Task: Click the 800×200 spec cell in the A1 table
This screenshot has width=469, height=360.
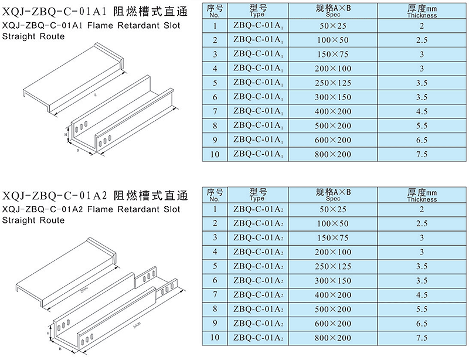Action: click(332, 154)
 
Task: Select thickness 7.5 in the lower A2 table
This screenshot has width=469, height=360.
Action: click(422, 338)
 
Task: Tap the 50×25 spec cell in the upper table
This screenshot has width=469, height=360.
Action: click(332, 26)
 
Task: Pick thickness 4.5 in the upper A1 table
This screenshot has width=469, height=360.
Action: click(422, 111)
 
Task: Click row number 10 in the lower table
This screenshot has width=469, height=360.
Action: click(215, 338)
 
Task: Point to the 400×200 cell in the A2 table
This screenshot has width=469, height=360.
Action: click(332, 295)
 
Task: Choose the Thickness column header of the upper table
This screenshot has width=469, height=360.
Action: click(422, 11)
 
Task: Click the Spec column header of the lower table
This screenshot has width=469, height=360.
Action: click(333, 195)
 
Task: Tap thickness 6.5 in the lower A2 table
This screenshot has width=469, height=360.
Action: click(422, 324)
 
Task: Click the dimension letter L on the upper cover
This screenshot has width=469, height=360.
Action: click(96, 95)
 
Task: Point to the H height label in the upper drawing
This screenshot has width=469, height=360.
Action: click(66, 135)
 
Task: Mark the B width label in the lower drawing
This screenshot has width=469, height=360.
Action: click(60, 349)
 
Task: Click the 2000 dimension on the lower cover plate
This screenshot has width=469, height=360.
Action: click(84, 289)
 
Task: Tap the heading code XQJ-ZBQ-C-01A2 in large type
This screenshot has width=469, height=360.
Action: click(55, 196)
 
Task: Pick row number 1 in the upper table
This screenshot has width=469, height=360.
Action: click(215, 26)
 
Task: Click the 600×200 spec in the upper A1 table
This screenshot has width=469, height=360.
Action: click(332, 140)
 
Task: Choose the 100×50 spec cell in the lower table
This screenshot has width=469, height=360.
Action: click(332, 223)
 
